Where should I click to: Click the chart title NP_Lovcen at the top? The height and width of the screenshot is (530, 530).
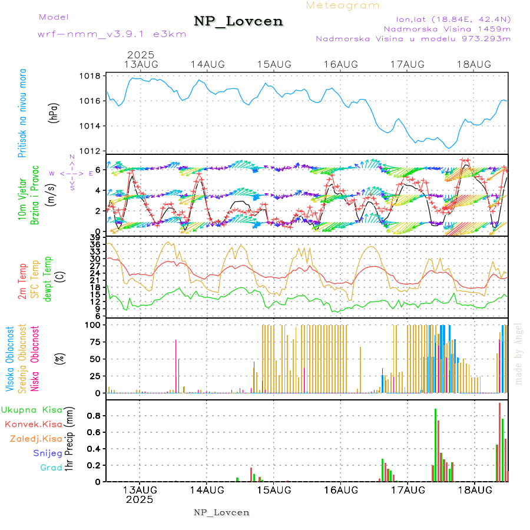[238, 21]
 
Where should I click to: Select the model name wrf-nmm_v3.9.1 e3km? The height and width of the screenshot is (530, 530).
[112, 34]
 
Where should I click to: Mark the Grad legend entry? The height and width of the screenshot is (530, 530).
[51, 468]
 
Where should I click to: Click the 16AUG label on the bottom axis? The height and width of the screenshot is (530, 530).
[340, 490]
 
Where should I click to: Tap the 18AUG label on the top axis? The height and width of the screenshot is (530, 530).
[474, 64]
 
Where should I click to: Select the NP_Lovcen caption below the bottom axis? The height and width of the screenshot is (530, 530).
[221, 512]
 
